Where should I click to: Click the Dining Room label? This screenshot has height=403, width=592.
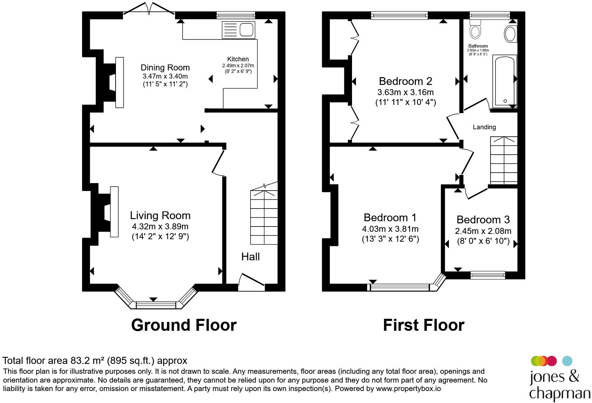[x=165, y=68]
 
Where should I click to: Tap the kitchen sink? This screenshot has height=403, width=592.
[x=238, y=30]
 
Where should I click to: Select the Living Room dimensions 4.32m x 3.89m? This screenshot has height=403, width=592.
[x=160, y=227]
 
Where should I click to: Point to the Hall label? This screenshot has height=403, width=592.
[x=251, y=256]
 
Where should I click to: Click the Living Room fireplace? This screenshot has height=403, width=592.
[x=109, y=212]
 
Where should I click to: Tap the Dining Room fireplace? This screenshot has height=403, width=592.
[x=113, y=82]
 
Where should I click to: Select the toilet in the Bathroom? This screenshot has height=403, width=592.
[x=475, y=29]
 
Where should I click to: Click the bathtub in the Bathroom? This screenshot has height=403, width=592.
[x=505, y=81]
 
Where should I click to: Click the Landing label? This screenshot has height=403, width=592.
[x=484, y=127]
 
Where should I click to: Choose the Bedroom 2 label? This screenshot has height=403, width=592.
[x=405, y=81]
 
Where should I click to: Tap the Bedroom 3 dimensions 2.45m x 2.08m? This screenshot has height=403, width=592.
[x=483, y=231]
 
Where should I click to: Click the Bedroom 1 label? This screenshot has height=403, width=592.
[x=390, y=217]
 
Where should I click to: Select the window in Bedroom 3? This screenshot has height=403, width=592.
[x=488, y=275]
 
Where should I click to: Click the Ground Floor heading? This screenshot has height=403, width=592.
[x=184, y=325]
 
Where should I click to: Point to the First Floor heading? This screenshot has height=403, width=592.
[x=424, y=325]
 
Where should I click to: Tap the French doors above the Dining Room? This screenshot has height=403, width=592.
[x=149, y=8]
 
